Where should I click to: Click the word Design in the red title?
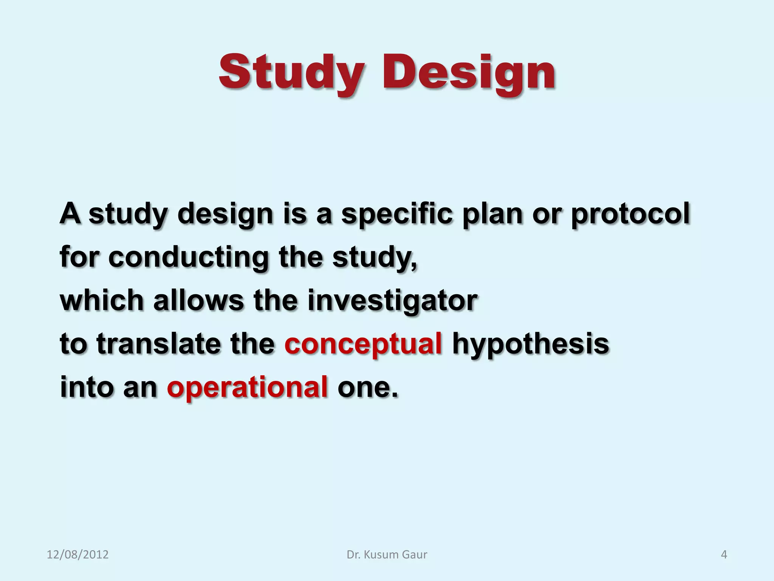(469, 73)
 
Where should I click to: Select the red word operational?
(247, 387)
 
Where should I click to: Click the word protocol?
(630, 214)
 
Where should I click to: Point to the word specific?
(396, 214)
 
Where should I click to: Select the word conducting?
(188, 257)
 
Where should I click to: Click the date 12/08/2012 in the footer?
(77, 555)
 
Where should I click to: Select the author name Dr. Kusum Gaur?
(387, 555)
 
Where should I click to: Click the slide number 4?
(724, 555)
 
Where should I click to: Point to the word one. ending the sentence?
(367, 388)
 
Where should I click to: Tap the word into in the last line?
(86, 387)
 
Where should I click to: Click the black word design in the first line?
(225, 214)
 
